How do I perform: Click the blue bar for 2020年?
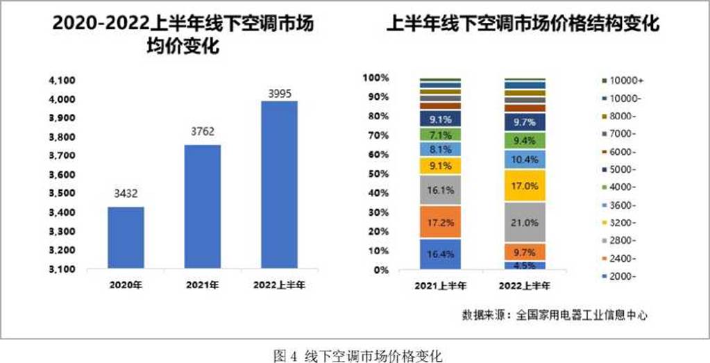(126, 237)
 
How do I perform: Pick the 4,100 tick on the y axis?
(62, 81)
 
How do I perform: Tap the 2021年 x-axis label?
(203, 285)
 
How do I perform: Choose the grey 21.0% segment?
(524, 222)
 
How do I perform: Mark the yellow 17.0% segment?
(524, 186)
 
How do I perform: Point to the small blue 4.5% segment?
(524, 265)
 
